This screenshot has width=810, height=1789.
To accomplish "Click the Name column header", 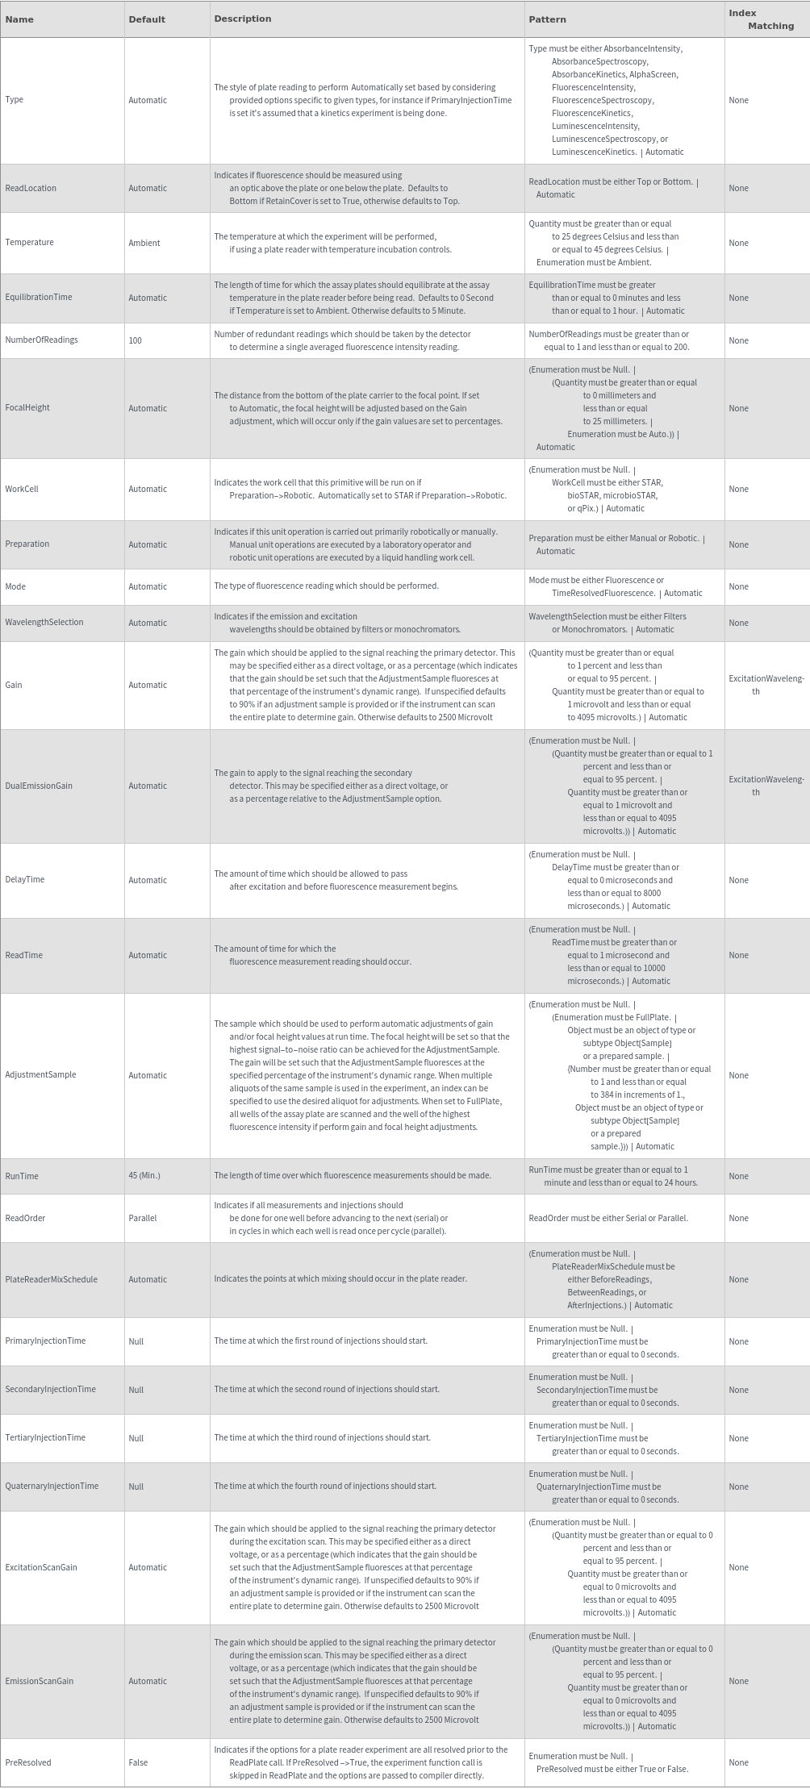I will (x=19, y=19).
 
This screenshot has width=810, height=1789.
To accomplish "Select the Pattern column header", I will (x=547, y=19).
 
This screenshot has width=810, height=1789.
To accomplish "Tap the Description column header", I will (x=242, y=19).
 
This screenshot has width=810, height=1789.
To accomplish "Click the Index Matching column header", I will (x=761, y=19).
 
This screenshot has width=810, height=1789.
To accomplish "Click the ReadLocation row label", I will (x=31, y=188).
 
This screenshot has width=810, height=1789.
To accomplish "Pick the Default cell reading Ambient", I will (x=144, y=243).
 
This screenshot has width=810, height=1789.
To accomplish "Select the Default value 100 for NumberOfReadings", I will (x=135, y=340).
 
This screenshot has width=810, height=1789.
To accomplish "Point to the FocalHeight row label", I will (x=27, y=407).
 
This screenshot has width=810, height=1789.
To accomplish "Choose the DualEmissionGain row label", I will (x=39, y=786).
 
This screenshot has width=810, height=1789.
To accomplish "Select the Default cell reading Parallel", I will (x=143, y=1218).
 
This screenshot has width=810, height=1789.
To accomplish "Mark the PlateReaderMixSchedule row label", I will (x=51, y=1279).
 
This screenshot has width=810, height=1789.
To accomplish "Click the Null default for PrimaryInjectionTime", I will (x=136, y=1341).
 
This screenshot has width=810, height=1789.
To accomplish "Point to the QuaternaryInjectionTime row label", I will (x=52, y=1486).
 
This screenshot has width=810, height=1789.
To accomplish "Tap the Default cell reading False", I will (x=138, y=1762).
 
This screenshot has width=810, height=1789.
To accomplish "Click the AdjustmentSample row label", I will (x=40, y=1074).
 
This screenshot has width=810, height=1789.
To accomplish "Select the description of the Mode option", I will (x=326, y=586).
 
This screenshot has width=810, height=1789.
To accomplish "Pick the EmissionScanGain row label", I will (x=39, y=1681).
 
